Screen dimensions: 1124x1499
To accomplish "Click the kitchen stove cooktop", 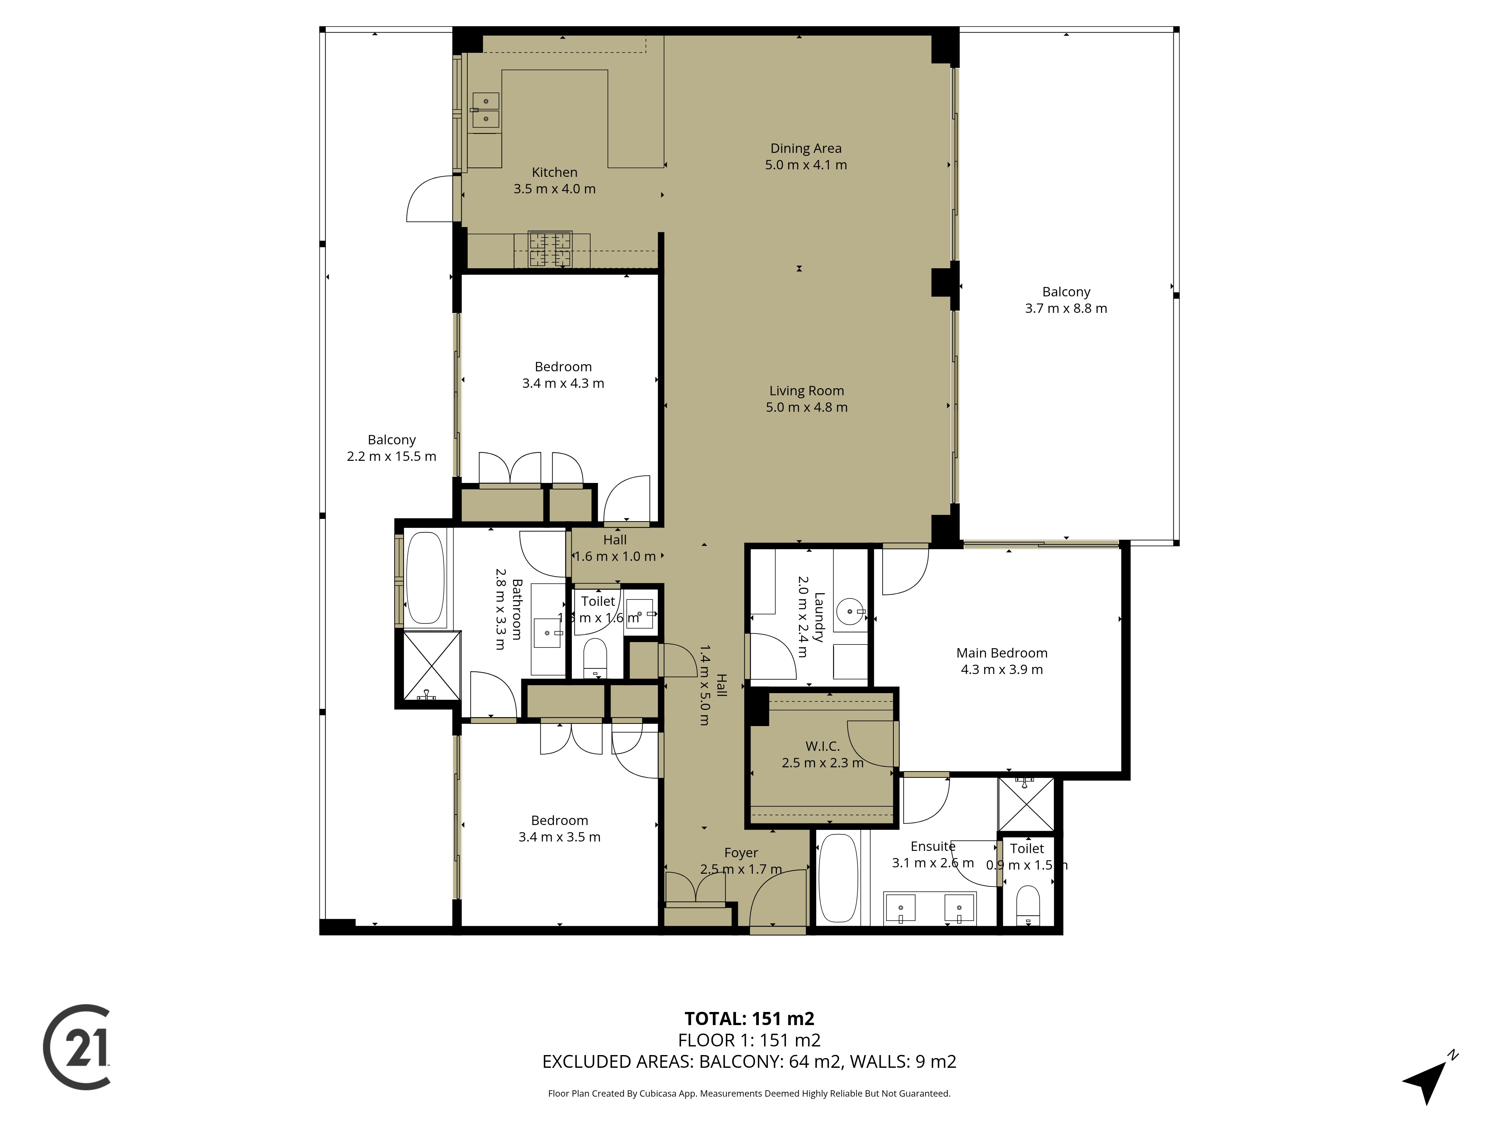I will (x=550, y=249).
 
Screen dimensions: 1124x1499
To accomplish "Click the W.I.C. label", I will (x=822, y=746).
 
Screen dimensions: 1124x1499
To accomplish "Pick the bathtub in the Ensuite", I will (x=838, y=879).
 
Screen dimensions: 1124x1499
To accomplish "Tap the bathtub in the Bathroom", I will (x=425, y=577).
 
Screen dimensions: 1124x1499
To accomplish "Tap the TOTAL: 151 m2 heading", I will (x=749, y=1018).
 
